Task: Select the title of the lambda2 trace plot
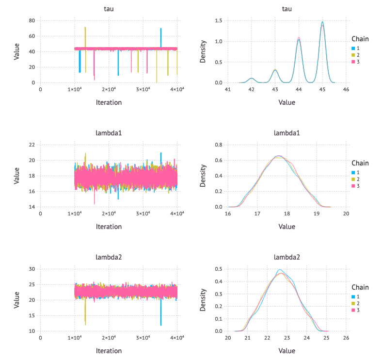(109, 257)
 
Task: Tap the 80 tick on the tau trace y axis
(32, 20)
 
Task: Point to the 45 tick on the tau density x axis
(322, 89)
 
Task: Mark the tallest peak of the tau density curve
(322, 22)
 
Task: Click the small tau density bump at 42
(251, 78)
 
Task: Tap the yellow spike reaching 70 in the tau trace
(85, 28)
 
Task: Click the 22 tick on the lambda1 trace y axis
(32, 145)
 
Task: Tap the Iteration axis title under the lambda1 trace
(109, 227)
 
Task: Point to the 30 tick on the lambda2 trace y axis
(32, 269)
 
